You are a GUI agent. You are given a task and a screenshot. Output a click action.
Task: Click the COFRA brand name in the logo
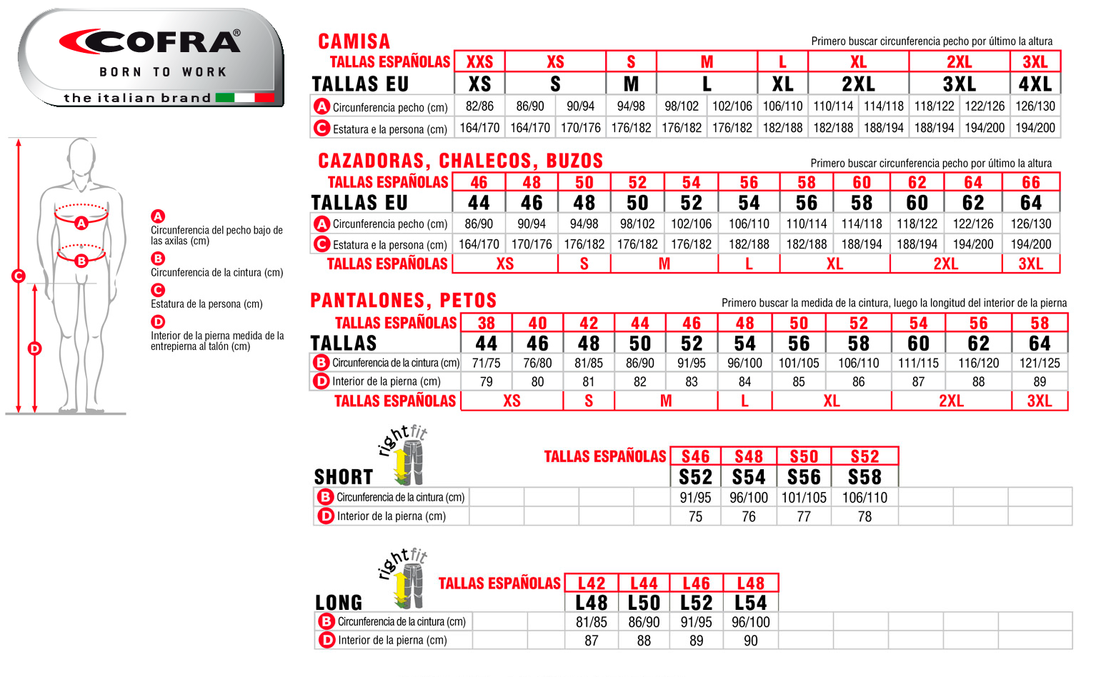[x=150, y=42]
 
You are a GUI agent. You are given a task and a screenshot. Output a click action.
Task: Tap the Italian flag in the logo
[x=244, y=98]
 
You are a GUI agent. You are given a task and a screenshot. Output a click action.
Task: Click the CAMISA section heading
[x=354, y=41]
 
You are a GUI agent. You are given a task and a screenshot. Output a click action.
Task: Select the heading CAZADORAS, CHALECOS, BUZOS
[x=461, y=161]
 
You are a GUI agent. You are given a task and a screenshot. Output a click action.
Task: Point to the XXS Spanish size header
[x=479, y=62]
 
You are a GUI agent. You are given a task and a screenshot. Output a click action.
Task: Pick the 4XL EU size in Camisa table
[x=1035, y=84]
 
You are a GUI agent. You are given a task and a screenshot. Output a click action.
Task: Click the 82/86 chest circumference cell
[x=479, y=106]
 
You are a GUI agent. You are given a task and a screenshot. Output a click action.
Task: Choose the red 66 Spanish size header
[x=1030, y=183]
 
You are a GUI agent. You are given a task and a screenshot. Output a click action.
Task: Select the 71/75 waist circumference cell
[x=486, y=363]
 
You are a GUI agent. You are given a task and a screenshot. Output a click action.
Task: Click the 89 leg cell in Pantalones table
[x=1040, y=382]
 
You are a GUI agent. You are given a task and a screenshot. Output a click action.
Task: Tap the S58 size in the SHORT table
[x=865, y=477]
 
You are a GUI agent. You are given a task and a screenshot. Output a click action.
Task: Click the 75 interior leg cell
[x=695, y=516]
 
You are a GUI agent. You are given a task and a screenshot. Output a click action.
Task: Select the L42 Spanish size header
[x=592, y=583]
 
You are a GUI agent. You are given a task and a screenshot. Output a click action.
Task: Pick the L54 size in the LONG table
[x=750, y=603]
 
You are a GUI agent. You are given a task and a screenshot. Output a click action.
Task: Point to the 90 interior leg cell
[x=750, y=641]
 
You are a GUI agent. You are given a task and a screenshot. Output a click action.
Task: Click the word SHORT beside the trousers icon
[x=344, y=477]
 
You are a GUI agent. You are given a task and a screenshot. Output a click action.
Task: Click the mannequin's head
[x=81, y=156]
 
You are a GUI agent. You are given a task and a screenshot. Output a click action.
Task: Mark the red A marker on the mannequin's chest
[x=81, y=223]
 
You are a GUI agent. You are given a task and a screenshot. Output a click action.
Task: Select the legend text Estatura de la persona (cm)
[x=206, y=304]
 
